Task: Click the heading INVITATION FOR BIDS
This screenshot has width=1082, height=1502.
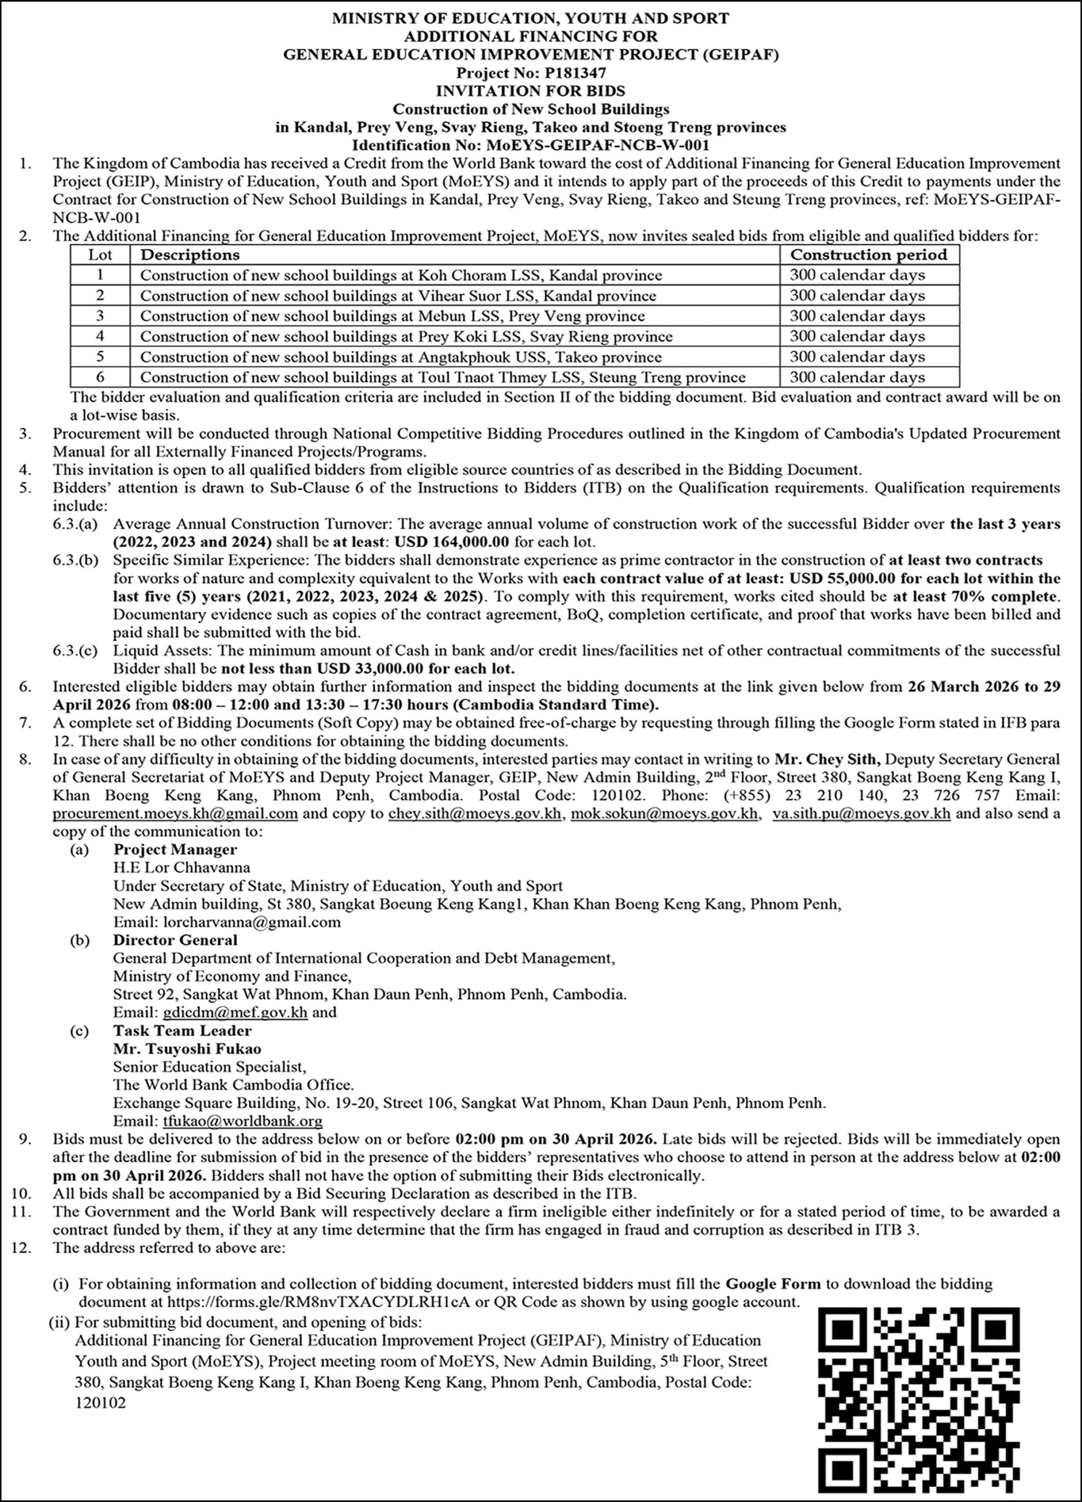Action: [x=530, y=91]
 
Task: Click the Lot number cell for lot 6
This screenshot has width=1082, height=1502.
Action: [x=100, y=377]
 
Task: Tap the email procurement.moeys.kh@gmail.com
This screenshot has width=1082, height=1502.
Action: [x=175, y=814]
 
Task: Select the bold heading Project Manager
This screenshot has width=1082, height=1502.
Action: [x=175, y=850]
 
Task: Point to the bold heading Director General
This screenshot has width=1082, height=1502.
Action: [x=175, y=941]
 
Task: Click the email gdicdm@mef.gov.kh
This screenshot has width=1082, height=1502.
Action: [x=235, y=1013]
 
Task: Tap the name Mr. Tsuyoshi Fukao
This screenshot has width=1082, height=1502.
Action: [x=187, y=1049]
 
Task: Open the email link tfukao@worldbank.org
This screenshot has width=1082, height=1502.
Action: [x=242, y=1122]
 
